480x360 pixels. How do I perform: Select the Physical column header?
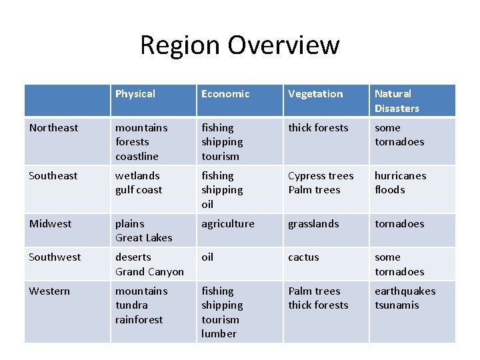click(135, 94)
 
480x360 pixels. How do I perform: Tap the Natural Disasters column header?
click(397, 101)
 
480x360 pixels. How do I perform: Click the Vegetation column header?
click(315, 94)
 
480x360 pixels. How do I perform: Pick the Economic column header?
click(225, 94)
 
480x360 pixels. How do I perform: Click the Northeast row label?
click(53, 128)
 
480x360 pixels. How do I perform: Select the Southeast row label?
click(53, 176)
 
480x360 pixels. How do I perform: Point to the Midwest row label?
click(50, 224)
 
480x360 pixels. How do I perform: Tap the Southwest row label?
click(55, 257)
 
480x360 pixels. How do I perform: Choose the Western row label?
click(49, 291)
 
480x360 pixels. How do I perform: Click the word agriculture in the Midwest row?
click(228, 224)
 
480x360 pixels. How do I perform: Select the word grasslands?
click(313, 224)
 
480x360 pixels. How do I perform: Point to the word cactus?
click(303, 257)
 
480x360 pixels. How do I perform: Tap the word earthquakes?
click(405, 291)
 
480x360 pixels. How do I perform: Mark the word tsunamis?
click(397, 305)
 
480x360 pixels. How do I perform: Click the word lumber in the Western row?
click(219, 334)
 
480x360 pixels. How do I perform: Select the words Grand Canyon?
click(149, 272)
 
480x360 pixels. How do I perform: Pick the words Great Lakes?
click(143, 238)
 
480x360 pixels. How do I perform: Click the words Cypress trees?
click(321, 176)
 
